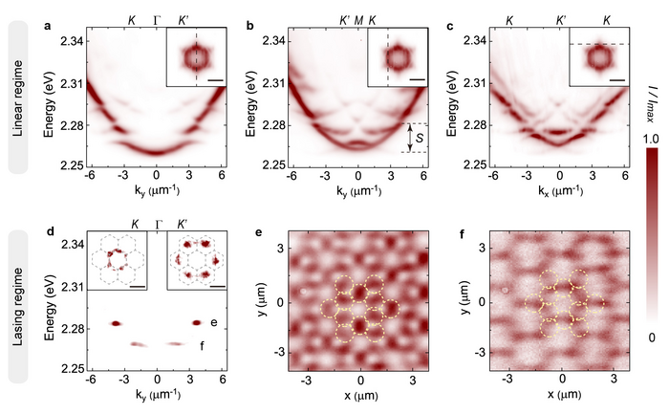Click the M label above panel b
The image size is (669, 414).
(x=358, y=18)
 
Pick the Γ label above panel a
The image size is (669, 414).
(x=158, y=18)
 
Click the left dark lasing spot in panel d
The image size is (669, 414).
(x=116, y=323)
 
